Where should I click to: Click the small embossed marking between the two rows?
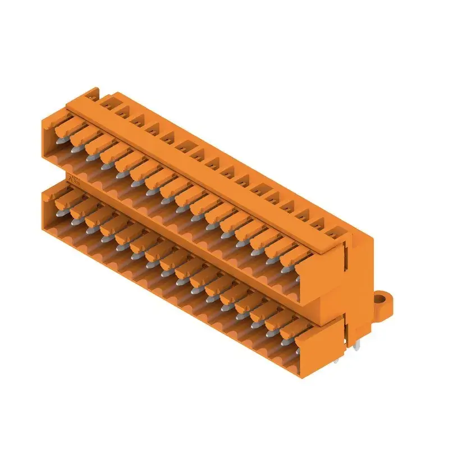73,180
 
